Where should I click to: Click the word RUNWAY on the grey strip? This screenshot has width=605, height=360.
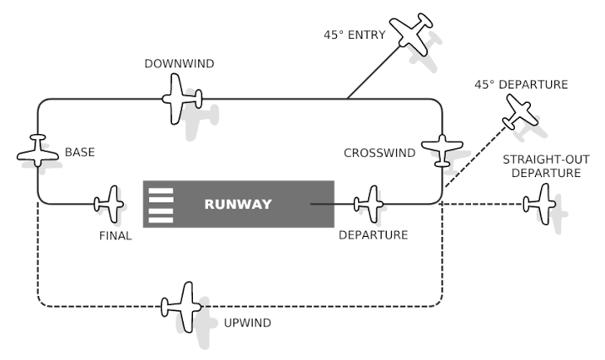238,204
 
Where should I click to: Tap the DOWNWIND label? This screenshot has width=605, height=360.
179,63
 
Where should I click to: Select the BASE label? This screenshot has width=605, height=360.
80,153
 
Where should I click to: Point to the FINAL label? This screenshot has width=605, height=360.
115,236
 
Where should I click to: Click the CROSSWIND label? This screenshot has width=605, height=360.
379,153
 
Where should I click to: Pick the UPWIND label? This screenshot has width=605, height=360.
247,323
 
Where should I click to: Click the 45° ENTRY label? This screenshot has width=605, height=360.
355,35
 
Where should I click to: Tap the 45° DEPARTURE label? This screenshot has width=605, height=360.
522,84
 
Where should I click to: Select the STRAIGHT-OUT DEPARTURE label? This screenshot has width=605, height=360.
542,167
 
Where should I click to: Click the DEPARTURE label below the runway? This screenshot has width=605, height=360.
373,235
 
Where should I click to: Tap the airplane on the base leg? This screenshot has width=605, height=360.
38,150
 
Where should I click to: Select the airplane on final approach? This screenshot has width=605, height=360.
110,203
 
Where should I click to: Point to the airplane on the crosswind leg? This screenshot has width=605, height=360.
442,150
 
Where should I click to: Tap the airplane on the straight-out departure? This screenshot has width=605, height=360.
539,203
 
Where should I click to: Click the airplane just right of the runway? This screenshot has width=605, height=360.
369,203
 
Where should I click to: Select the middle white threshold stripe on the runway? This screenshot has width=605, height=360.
160,204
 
